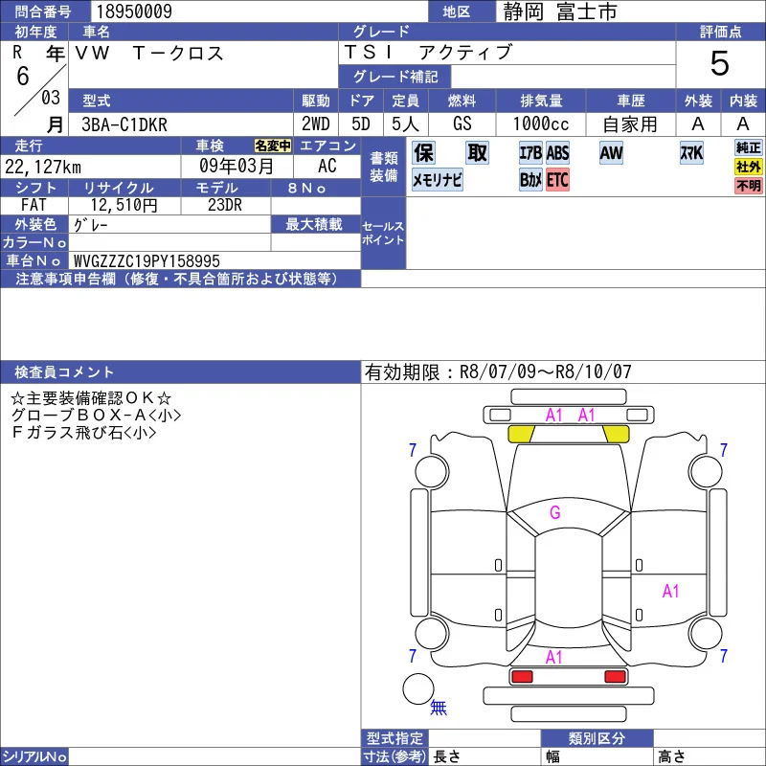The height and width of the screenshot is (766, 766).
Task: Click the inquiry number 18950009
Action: tap(134, 11)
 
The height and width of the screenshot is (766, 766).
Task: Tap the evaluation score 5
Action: tap(720, 63)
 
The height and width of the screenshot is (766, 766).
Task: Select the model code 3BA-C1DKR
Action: tap(124, 124)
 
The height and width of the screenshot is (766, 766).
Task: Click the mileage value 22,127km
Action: tap(43, 167)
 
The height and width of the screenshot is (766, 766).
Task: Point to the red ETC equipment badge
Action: tap(557, 180)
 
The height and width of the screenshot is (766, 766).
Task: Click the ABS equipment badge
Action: tap(557, 153)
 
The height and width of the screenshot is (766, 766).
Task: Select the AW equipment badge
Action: tap(611, 153)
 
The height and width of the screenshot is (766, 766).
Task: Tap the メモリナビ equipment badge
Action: tap(438, 180)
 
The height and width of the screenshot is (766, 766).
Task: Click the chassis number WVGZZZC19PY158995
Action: tap(146, 260)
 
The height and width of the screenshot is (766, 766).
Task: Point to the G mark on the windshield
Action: tap(555, 512)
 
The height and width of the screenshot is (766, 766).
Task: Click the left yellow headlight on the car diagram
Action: tap(521, 434)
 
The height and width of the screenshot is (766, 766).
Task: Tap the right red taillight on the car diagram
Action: tap(615, 677)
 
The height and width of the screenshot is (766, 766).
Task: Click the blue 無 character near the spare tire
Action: tap(439, 707)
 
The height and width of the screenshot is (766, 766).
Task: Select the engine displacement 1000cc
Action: tap(541, 124)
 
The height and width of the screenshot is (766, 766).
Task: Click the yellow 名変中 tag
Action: tap(273, 146)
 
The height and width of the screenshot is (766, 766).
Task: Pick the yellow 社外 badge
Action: tap(749, 167)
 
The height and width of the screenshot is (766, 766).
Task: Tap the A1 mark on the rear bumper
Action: tap(554, 658)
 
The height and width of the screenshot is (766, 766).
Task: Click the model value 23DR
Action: tap(225, 205)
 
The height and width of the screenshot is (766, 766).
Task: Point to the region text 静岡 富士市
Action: tap(560, 11)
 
